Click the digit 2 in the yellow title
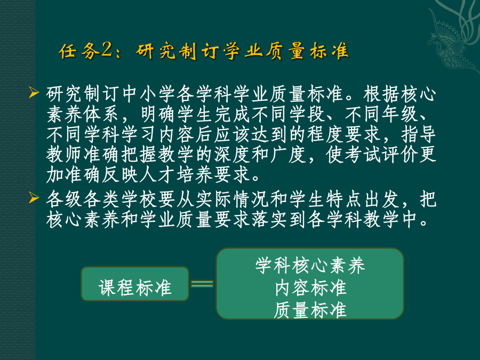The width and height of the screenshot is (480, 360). [x=107, y=50]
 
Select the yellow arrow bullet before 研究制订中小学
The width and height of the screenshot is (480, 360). [x=34, y=92]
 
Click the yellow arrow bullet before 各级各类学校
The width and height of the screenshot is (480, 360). [x=34, y=197]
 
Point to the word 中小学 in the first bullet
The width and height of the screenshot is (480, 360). [x=149, y=93]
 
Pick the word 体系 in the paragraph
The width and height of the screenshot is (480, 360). [x=101, y=114]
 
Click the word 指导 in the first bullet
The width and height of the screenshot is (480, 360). [x=418, y=134]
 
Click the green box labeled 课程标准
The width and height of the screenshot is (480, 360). [x=135, y=284]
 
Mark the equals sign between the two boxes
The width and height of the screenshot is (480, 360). [x=202, y=284]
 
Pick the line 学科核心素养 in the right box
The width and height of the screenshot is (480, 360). [x=310, y=265]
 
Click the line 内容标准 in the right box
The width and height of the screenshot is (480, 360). [x=310, y=288]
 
